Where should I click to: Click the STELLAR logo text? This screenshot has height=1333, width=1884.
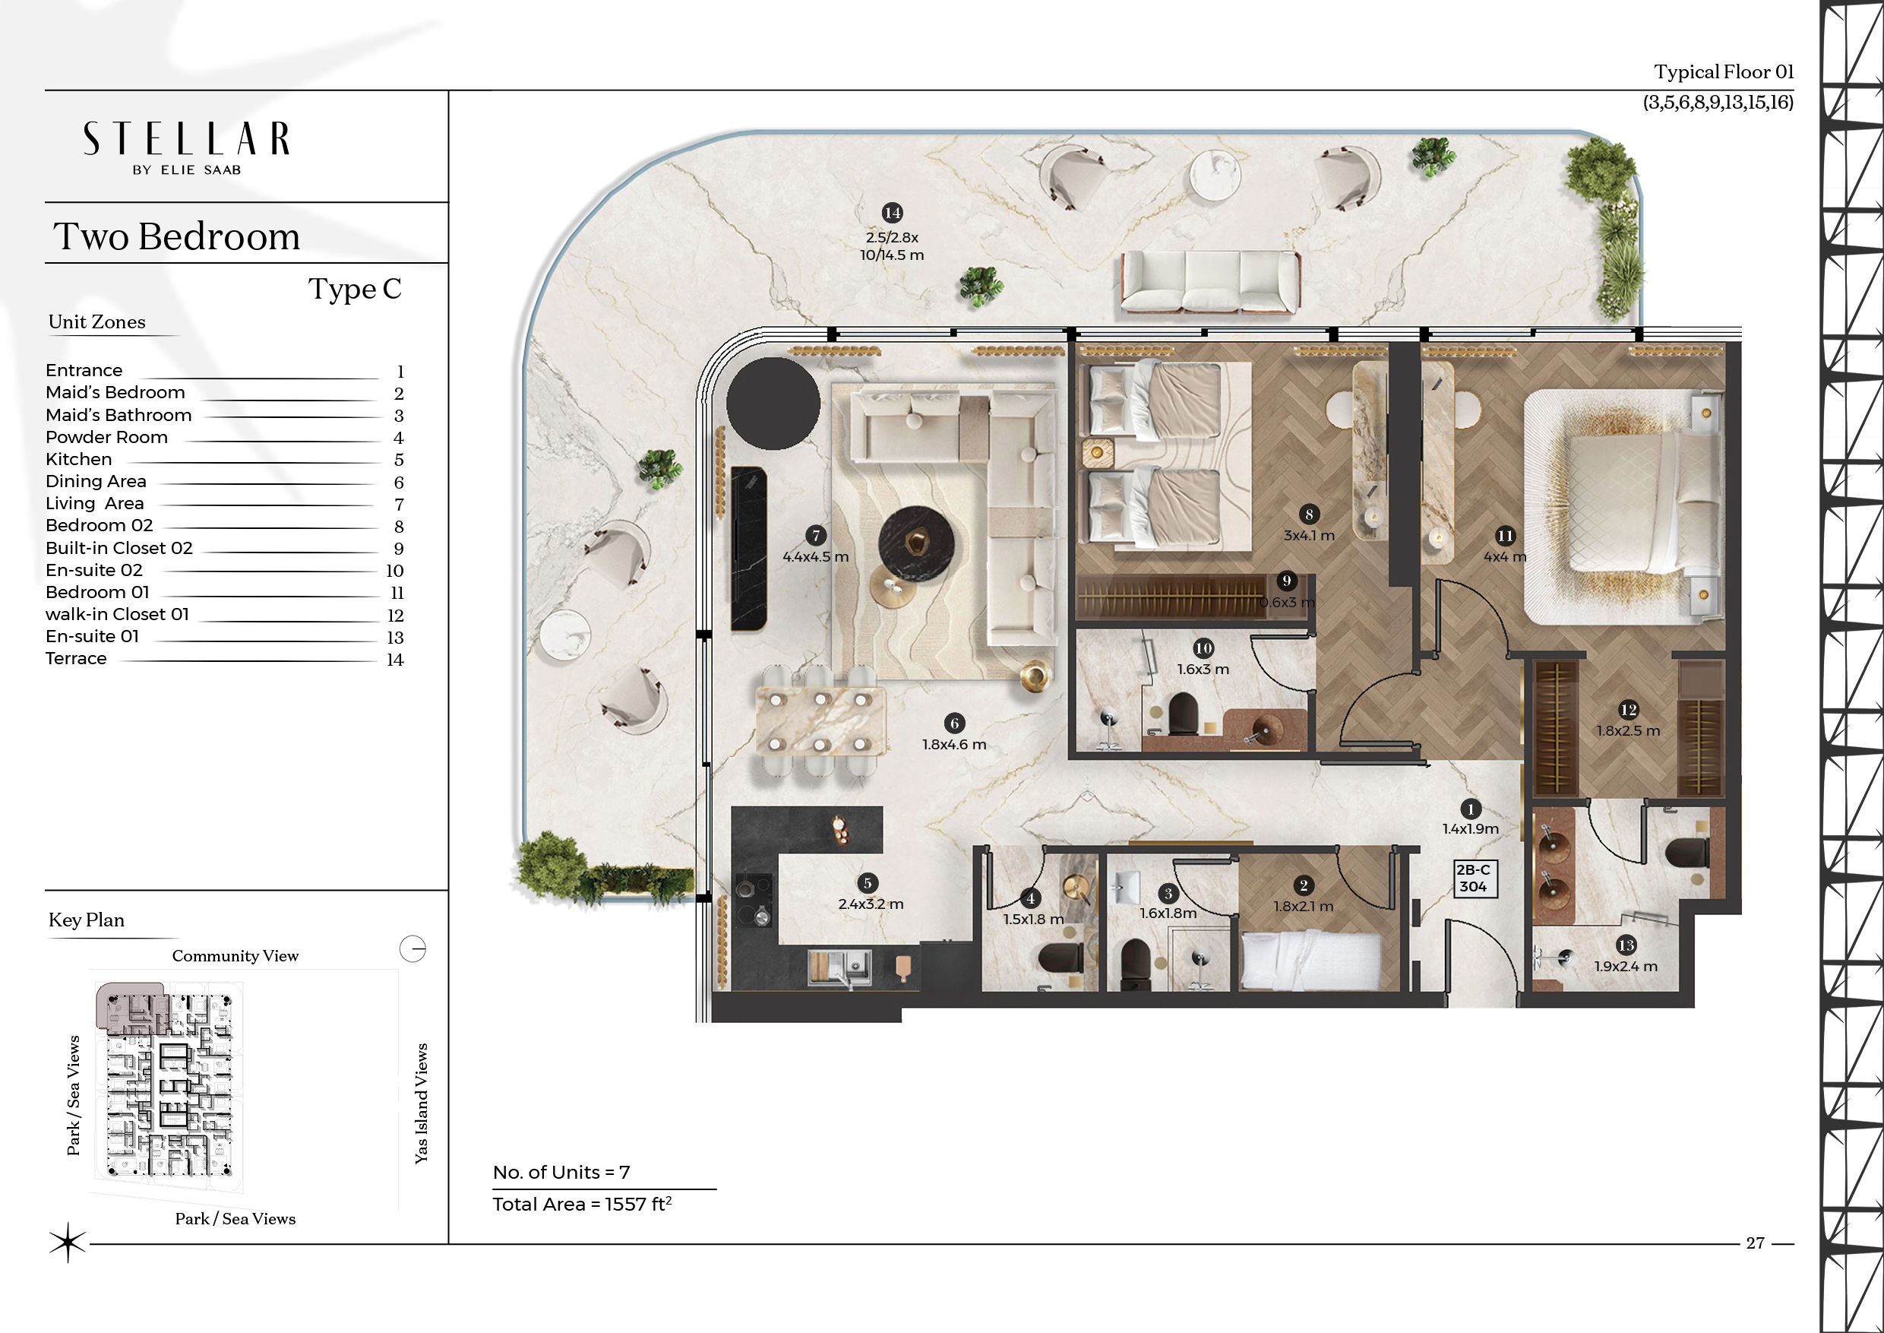pos(186,139)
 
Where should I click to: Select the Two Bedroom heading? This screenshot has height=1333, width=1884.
pos(176,236)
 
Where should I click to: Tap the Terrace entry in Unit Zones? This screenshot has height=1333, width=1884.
pos(76,658)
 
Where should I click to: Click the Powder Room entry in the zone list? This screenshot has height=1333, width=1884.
pos(106,438)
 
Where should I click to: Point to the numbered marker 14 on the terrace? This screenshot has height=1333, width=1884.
pos(893,213)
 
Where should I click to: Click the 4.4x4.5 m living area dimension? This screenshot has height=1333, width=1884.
pos(816,556)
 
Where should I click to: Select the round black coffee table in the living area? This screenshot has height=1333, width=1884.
pos(915,542)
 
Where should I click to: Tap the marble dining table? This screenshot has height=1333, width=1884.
pos(820,720)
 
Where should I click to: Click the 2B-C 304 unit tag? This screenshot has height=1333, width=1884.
pos(1473,879)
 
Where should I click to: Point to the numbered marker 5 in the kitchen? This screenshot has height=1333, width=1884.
pos(868,883)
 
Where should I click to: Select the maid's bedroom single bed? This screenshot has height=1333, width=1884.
pos(1311,960)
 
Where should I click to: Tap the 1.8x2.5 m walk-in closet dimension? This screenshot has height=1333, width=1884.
pos(1628,730)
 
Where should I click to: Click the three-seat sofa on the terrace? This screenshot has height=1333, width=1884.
pos(1210,281)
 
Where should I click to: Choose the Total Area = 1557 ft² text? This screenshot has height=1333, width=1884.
pos(582,1204)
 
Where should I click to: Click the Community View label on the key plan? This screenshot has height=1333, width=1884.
pos(235,955)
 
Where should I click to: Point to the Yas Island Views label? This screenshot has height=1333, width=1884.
pos(421,1103)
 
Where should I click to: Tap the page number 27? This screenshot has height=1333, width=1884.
pos(1755,1243)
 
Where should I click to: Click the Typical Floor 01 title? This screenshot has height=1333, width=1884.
pos(1724,72)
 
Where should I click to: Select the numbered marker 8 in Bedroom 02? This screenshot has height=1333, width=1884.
pos(1310,515)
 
